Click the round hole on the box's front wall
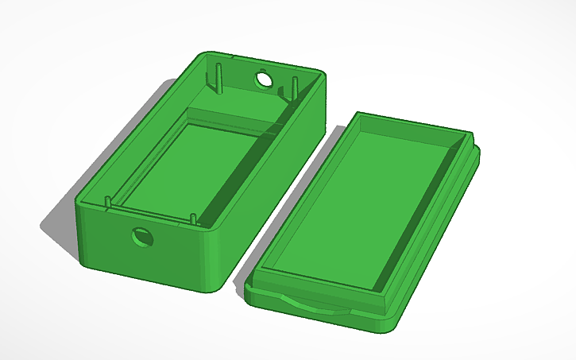[143, 236]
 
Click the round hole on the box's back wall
[263, 79]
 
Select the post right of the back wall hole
[293, 87]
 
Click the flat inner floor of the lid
[361, 203]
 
